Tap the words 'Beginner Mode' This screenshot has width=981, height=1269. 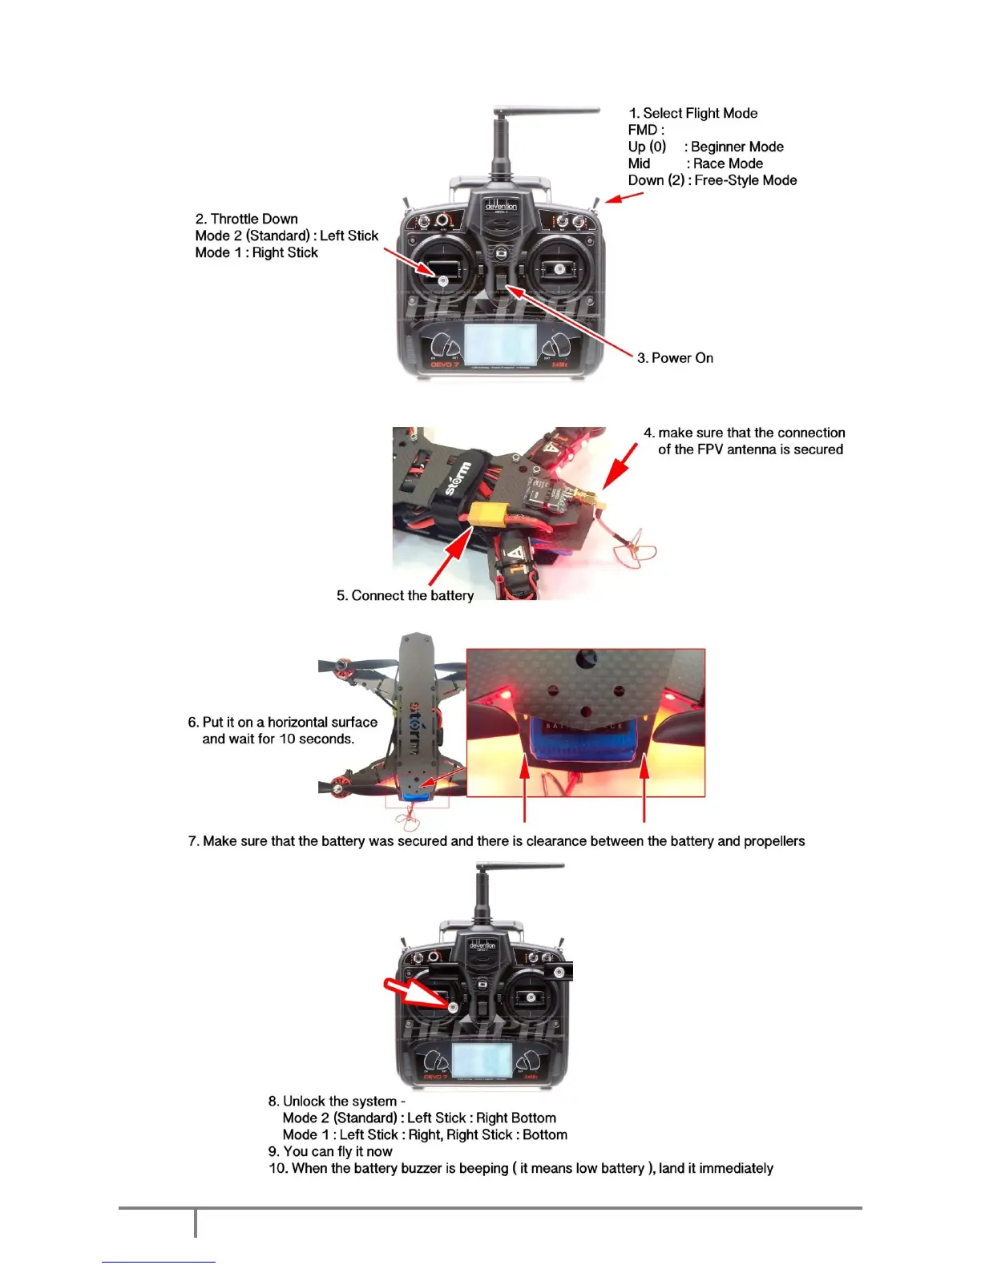point(737,147)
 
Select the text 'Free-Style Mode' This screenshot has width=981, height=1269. point(745,181)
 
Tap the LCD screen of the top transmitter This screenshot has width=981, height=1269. point(501,346)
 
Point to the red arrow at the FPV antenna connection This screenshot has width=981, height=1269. point(620,465)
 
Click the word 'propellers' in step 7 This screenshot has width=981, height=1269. point(773,841)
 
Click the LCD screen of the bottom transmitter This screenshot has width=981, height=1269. point(482,1061)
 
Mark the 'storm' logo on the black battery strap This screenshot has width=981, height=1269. point(458,478)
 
